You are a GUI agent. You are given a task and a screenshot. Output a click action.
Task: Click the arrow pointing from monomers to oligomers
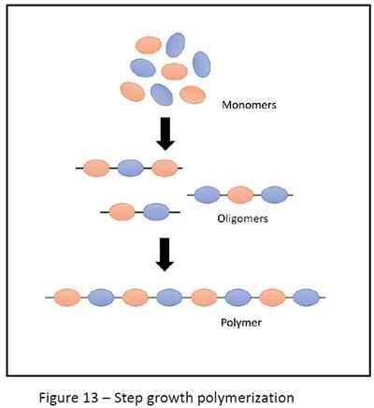(x=165, y=134)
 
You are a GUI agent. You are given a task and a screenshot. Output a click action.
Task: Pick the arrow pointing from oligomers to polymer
(x=165, y=255)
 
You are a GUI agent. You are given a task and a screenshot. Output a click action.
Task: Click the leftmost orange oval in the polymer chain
(x=66, y=298)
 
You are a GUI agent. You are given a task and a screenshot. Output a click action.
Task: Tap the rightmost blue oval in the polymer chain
(x=306, y=298)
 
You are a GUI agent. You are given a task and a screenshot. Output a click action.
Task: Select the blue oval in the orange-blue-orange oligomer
(x=130, y=169)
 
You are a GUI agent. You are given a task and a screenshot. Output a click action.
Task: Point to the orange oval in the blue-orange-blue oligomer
(x=240, y=195)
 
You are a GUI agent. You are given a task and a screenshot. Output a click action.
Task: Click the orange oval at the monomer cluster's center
(x=174, y=71)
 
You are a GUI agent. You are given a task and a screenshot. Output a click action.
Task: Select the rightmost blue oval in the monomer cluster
(x=201, y=64)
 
